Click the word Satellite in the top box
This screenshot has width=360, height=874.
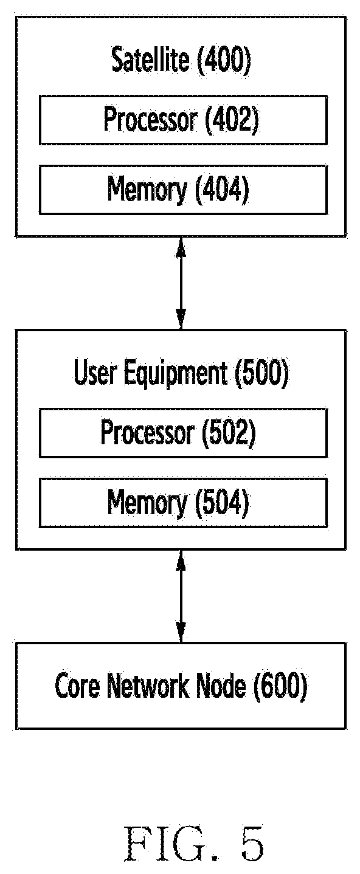click(x=150, y=60)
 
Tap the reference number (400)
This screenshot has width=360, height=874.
click(x=224, y=60)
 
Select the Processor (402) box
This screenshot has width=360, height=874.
click(x=183, y=120)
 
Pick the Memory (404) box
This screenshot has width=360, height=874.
click(x=183, y=190)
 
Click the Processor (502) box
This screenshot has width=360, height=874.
click(x=183, y=433)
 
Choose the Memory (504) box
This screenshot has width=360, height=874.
click(x=183, y=503)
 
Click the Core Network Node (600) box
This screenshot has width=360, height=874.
click(x=181, y=686)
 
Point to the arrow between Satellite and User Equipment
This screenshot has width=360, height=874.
click(x=181, y=283)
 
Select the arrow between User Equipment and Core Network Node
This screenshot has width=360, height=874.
click(x=181, y=596)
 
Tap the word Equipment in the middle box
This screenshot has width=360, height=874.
click(x=176, y=373)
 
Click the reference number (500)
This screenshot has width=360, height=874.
click(x=261, y=373)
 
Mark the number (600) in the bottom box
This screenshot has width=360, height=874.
click(x=280, y=686)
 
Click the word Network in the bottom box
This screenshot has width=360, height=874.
click(x=149, y=686)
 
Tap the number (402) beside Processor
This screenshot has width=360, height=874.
click(x=232, y=120)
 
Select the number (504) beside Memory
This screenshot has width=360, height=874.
click(x=222, y=503)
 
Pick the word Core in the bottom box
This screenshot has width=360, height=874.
click(x=77, y=686)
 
